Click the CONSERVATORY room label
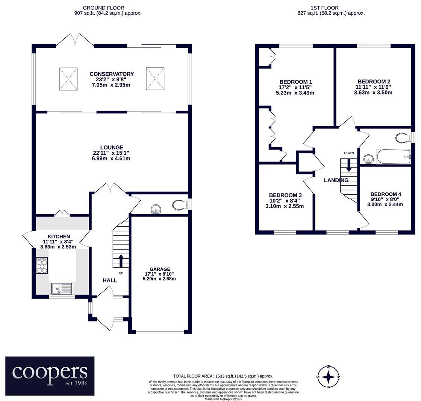tap(112, 74)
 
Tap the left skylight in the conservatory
tap(68, 79)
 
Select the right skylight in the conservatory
tap(155, 79)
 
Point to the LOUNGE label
tap(112, 147)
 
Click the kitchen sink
tap(62, 288)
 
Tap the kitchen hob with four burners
tap(42, 265)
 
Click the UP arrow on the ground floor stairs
tap(121, 261)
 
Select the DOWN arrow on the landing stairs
tap(349, 165)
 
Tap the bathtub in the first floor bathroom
tap(394, 157)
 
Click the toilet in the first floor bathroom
tap(403, 138)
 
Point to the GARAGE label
tap(160, 269)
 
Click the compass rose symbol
tap(329, 377)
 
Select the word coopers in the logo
tap(50, 372)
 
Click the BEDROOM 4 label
tap(386, 194)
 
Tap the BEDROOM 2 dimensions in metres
tap(373, 93)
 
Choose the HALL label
tap(110, 280)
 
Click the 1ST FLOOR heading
tap(324, 8)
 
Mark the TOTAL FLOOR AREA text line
tap(223, 376)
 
